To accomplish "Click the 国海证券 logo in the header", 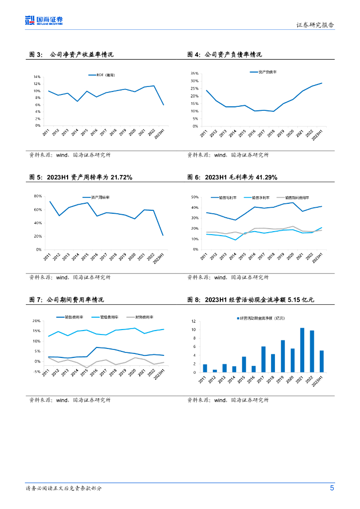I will [x=44, y=20].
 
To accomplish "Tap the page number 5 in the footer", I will [x=332, y=488].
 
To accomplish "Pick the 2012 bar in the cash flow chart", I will [x=215, y=370].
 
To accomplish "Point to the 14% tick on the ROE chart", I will [x=37, y=77].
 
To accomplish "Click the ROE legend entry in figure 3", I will [x=104, y=75].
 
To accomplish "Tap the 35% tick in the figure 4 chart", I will [x=195, y=74].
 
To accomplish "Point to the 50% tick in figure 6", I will [x=195, y=197].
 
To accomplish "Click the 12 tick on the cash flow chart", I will [x=193, y=321].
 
